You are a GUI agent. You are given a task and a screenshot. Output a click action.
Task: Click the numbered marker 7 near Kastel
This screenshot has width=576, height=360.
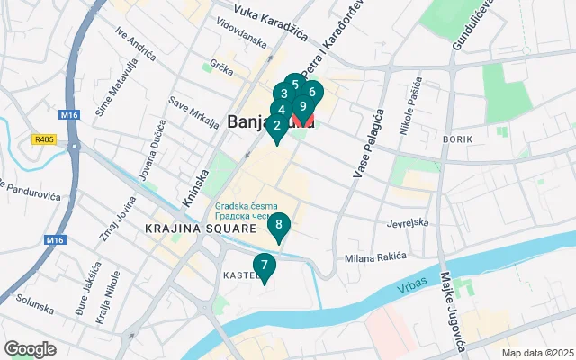click(x=264, y=265)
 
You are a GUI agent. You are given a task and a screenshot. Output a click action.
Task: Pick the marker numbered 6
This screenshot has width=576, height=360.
click(x=311, y=92)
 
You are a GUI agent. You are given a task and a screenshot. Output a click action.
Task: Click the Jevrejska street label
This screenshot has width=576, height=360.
click(x=408, y=222)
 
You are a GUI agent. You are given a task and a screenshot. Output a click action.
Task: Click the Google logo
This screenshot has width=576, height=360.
click(x=31, y=348)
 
